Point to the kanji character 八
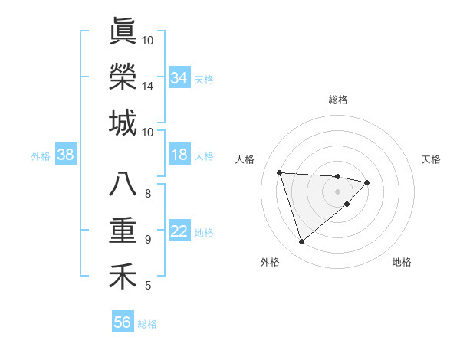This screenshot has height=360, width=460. click(123, 185)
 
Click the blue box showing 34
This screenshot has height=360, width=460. click(179, 77)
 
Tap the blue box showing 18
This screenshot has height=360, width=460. click(179, 155)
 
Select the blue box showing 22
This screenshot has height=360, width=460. click(179, 231)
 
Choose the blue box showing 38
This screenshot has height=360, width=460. click(66, 155)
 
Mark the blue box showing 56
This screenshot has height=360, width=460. click(123, 322)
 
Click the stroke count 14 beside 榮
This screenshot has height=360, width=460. click(148, 87)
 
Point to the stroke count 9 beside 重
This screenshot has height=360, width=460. click(148, 240)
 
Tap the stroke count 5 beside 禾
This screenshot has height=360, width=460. click(148, 286)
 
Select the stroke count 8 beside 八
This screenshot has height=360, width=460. click(148, 193)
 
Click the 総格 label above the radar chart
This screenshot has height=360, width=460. click(338, 100)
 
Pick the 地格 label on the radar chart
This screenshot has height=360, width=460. click(402, 262)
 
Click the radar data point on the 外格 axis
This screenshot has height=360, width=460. click(302, 242)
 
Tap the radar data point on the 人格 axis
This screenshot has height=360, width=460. click(280, 172)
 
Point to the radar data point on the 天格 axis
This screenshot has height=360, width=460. click(368, 182)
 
